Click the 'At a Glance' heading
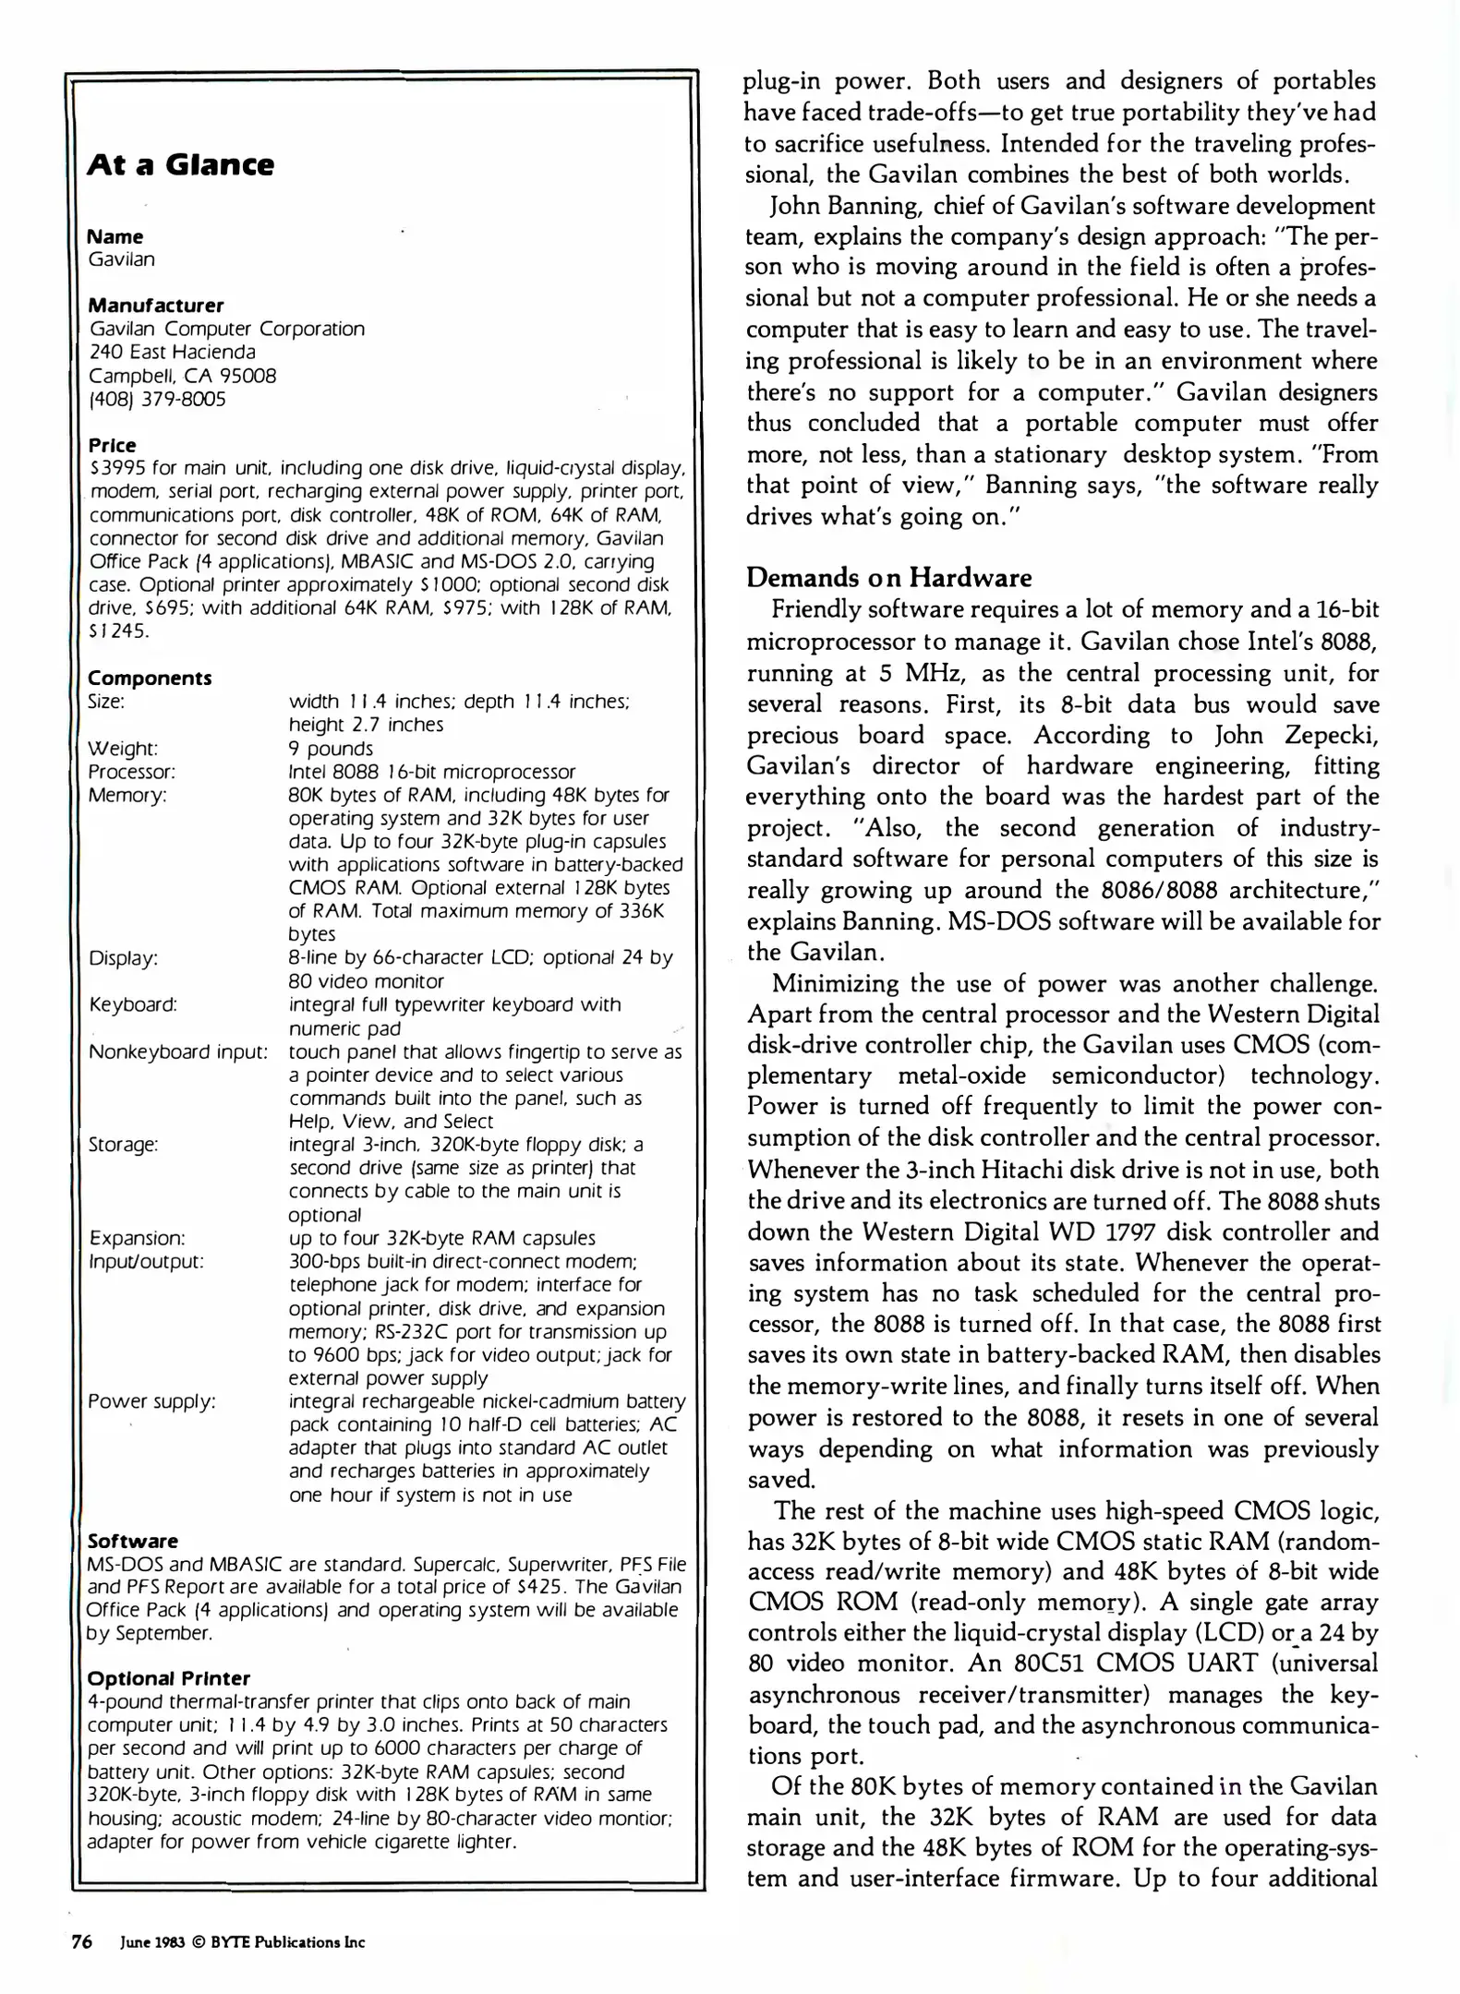(180, 165)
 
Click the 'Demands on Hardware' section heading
(888, 578)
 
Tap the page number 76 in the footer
(82, 1941)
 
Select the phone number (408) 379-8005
(157, 400)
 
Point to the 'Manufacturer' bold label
(155, 306)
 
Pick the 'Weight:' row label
(123, 748)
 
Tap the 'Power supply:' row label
(151, 1401)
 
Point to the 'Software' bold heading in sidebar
(132, 1541)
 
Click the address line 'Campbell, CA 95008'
(182, 376)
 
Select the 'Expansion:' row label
(137, 1238)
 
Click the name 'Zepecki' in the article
(1333, 736)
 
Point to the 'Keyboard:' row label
(133, 1004)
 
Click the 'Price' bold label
(112, 445)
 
